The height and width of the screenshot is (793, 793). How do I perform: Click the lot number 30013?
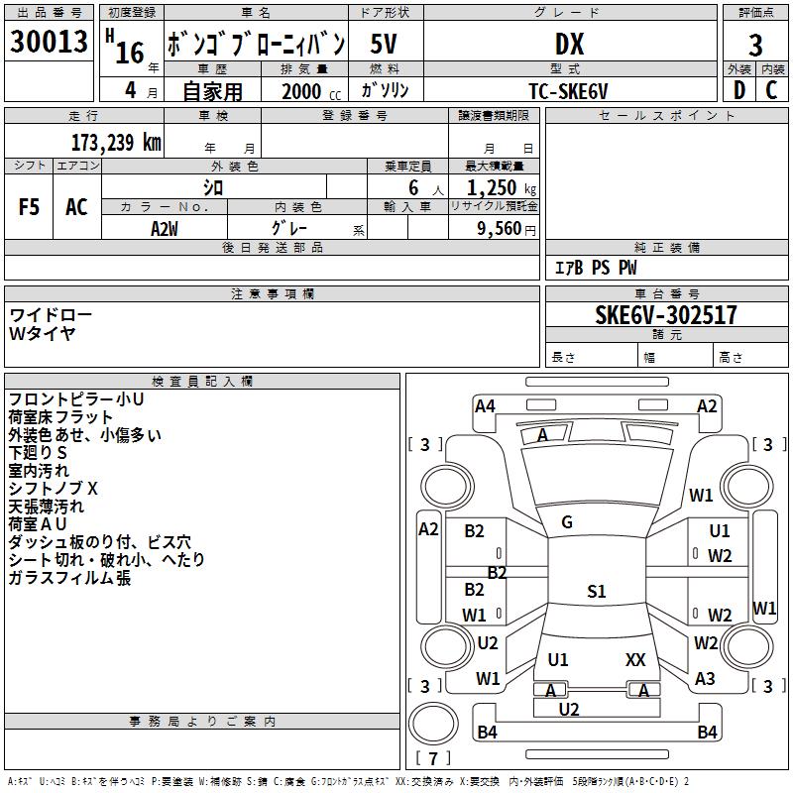(49, 43)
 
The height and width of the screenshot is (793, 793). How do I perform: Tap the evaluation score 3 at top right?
(755, 45)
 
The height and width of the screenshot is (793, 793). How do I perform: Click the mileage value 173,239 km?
(116, 142)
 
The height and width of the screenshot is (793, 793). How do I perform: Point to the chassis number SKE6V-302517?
(666, 315)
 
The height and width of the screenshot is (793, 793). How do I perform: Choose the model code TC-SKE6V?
(568, 90)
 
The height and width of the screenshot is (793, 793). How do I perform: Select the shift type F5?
(29, 206)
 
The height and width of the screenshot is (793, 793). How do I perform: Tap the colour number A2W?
(165, 228)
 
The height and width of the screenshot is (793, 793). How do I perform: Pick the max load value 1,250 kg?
(501, 187)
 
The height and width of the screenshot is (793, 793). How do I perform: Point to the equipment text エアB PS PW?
(595, 268)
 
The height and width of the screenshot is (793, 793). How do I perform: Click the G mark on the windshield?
(567, 522)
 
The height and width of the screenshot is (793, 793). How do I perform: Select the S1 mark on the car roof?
(595, 592)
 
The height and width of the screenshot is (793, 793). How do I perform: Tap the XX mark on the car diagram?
(635, 659)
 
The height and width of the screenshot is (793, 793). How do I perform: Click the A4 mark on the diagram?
(485, 405)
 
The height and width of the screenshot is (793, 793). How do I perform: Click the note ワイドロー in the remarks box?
(51, 314)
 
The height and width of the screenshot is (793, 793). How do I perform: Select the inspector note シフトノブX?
(54, 488)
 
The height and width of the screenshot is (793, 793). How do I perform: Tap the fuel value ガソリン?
(385, 90)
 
